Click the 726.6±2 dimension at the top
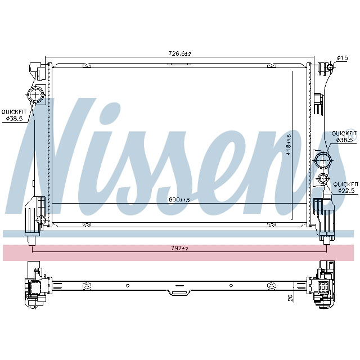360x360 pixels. tap(180, 53)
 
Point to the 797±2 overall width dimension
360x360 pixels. tap(179, 248)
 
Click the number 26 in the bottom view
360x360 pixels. tap(290, 298)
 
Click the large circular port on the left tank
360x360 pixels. tap(36, 96)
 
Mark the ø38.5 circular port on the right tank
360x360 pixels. tap(323, 160)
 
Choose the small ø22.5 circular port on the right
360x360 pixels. tap(323, 179)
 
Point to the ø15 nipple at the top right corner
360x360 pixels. tap(329, 68)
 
